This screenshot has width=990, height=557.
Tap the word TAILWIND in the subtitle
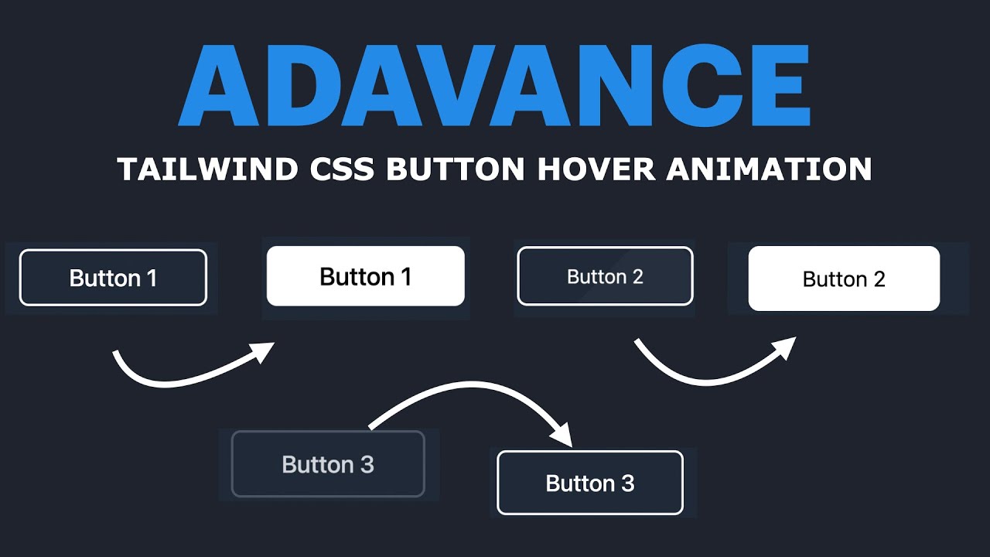207,169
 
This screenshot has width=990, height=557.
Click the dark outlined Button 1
113,278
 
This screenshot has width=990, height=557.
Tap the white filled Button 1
365,276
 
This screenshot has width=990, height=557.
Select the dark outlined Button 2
605,276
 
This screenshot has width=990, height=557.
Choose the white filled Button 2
844,278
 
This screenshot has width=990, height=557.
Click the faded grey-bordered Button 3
328,464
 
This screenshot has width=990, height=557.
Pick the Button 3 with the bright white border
589,483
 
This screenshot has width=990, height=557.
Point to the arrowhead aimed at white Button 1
264,352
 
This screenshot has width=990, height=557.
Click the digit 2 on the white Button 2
879,279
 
